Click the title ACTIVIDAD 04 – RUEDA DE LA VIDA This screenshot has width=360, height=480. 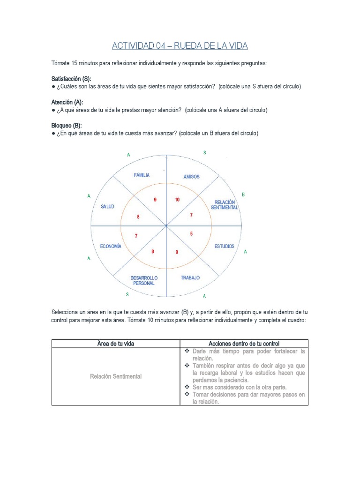tap(180, 46)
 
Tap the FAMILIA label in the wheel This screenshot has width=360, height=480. tap(142, 175)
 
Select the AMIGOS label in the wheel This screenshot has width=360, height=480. tap(191, 177)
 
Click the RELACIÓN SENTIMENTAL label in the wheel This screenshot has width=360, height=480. tap(225, 204)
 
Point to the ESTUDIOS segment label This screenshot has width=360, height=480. tap(224, 246)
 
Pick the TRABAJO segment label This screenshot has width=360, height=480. tap(190, 277)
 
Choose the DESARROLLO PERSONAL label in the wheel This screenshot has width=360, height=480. tap(143, 280)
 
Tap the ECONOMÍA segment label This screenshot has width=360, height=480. tap(111, 246)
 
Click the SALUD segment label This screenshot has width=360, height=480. tap(107, 206)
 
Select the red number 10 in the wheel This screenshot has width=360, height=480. tap(177, 200)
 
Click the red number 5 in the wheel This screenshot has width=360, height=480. tap(191, 233)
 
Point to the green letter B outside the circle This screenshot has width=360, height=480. tap(243, 194)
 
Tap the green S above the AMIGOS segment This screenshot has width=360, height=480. tap(204, 153)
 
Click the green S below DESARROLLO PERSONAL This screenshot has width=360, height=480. tap(127, 294)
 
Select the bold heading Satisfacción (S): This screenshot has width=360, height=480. tap(71, 78)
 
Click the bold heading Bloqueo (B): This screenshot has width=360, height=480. tap(67, 126)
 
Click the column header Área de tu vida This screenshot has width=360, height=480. tap(115, 344)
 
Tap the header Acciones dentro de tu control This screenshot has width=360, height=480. tap(244, 344)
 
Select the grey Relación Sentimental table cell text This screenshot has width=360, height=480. tap(115, 376)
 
